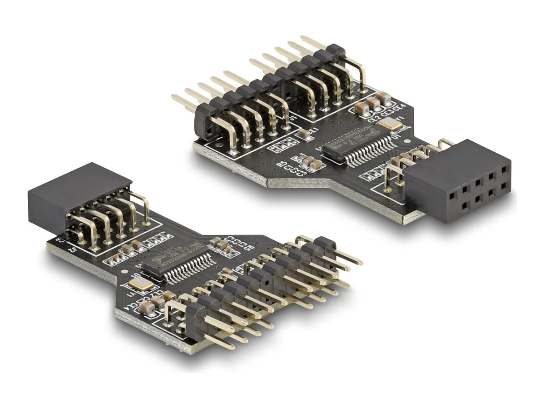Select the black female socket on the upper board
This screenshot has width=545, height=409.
tap(456, 182)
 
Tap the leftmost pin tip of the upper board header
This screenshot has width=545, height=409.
tap(174, 96)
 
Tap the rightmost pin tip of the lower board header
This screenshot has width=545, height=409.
tap(360, 263)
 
